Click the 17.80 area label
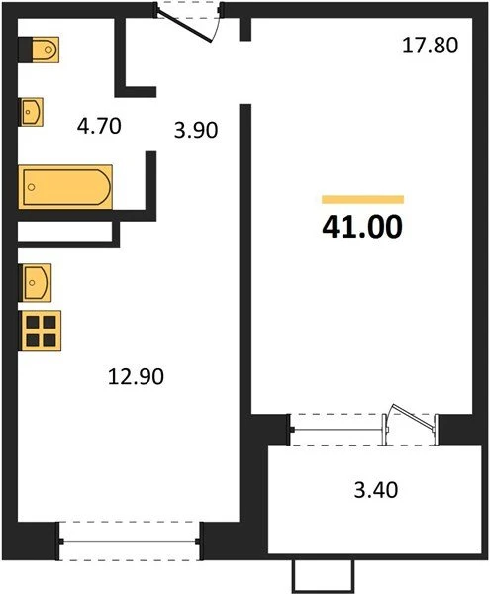tap(430, 46)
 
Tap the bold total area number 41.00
tap(362, 227)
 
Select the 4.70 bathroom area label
tap(99, 126)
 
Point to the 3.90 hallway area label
tap(196, 130)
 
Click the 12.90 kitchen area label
tap(136, 377)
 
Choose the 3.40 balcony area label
tap(376, 489)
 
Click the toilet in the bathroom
tap(46, 49)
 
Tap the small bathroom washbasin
tap(32, 112)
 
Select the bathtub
tap(65, 187)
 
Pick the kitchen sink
tap(37, 282)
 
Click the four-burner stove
tap(41, 331)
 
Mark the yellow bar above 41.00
tap(362, 199)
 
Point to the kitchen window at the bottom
tap(130, 541)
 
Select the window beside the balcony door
tap(338, 430)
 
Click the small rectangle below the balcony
tap(323, 576)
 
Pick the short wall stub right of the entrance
tap(245, 29)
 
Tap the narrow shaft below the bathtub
tap(65, 231)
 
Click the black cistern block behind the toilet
tap(25, 49)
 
